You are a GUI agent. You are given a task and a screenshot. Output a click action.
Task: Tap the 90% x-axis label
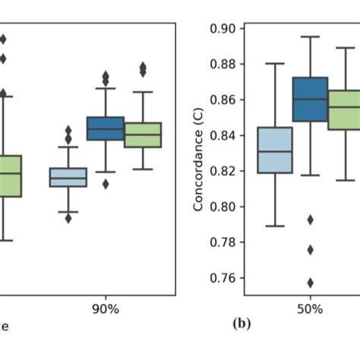pos(106,310)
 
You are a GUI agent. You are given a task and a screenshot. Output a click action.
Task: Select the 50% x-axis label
pos(310,310)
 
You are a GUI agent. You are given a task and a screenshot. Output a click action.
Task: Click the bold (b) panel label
pos(242,324)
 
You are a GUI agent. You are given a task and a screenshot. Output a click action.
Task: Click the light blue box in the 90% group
pos(68,177)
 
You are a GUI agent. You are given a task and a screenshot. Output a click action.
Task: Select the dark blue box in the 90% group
pos(106,128)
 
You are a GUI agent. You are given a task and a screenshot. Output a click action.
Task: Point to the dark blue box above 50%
pos(310,99)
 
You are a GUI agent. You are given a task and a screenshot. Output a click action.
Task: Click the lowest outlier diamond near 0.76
pos(310,283)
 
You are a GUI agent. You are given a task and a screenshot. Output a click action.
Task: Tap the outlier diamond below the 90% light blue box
pos(68,218)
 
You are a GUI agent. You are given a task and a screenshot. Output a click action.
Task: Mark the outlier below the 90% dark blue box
pos(106,183)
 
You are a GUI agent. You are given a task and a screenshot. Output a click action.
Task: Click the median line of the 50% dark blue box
pos(310,99)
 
